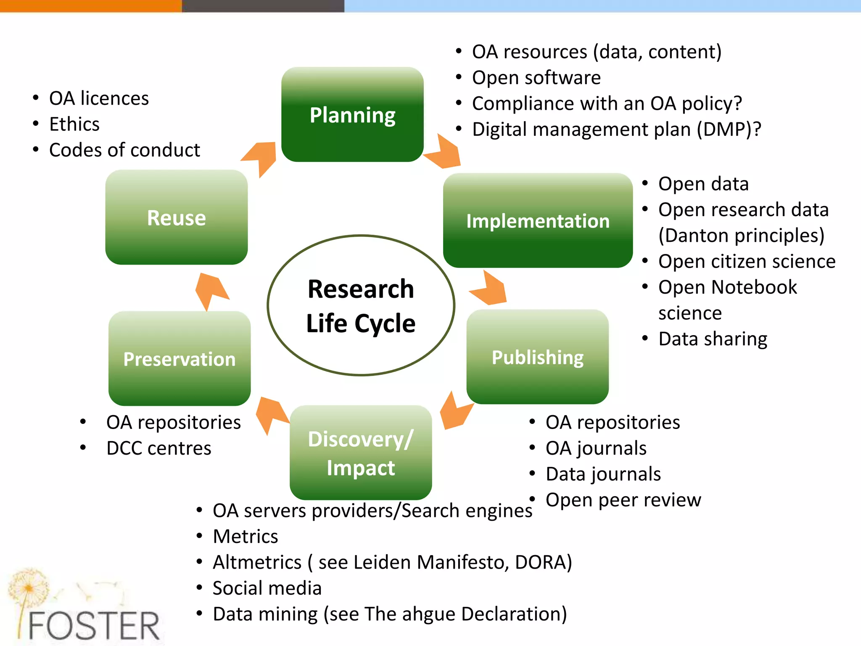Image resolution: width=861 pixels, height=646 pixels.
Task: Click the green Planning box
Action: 352,114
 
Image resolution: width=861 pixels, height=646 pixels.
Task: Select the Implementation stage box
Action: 538,220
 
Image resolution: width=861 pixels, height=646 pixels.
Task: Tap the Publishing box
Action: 537,357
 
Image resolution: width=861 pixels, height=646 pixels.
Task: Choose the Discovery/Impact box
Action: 361,453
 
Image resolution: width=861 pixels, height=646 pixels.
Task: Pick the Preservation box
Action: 180,359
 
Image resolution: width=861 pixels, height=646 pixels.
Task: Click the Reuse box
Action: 177,217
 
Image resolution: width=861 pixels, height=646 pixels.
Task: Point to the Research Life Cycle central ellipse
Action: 361,305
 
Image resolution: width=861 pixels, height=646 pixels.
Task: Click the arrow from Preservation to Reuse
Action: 211,289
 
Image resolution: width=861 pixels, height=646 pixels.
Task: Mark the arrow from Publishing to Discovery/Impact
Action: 455,412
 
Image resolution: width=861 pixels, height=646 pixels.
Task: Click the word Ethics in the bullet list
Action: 74,124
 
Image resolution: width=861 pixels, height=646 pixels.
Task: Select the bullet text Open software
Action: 536,78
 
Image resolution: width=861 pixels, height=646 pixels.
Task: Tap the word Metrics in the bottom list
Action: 246,537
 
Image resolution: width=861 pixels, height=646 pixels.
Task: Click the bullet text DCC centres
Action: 159,448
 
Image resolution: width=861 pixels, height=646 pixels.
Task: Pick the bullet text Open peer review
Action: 623,500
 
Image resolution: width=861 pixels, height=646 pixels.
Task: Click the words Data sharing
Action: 713,339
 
